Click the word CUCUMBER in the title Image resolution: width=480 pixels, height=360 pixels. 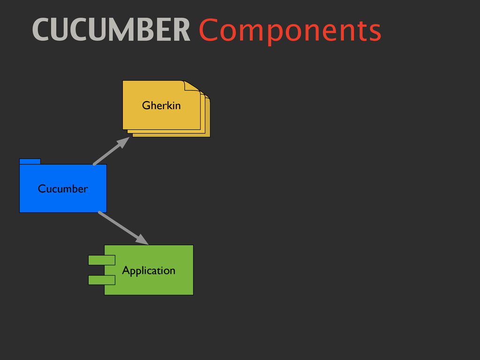[112, 30]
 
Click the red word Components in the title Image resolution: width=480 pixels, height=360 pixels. [290, 31]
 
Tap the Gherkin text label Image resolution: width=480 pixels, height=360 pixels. [161, 105]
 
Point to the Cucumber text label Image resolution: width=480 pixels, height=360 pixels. [63, 189]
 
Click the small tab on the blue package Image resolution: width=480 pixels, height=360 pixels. [30, 161]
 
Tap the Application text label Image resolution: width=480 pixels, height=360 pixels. [149, 270]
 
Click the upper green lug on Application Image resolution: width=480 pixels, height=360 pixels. [101, 260]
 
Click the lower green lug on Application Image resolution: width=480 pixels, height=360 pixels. [101, 280]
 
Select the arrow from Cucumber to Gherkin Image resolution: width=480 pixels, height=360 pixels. [109, 153]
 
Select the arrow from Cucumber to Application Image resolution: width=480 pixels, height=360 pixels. [120, 226]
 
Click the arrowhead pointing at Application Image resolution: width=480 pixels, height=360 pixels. [142, 240]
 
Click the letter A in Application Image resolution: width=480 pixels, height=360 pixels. [126, 270]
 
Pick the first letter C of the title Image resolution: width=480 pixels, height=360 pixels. [41, 30]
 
